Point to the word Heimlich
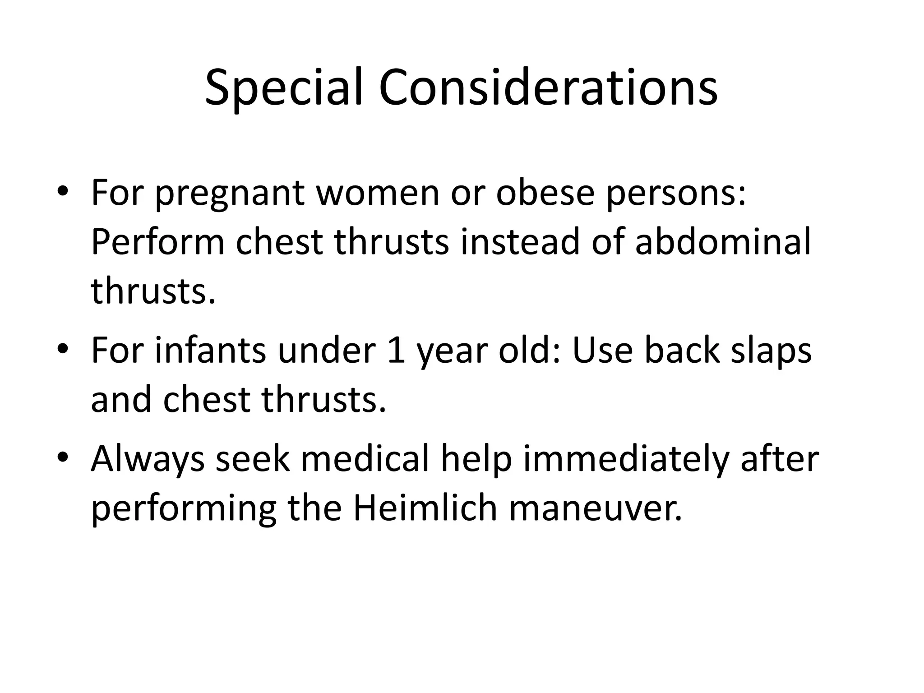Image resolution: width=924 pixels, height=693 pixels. (425, 508)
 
